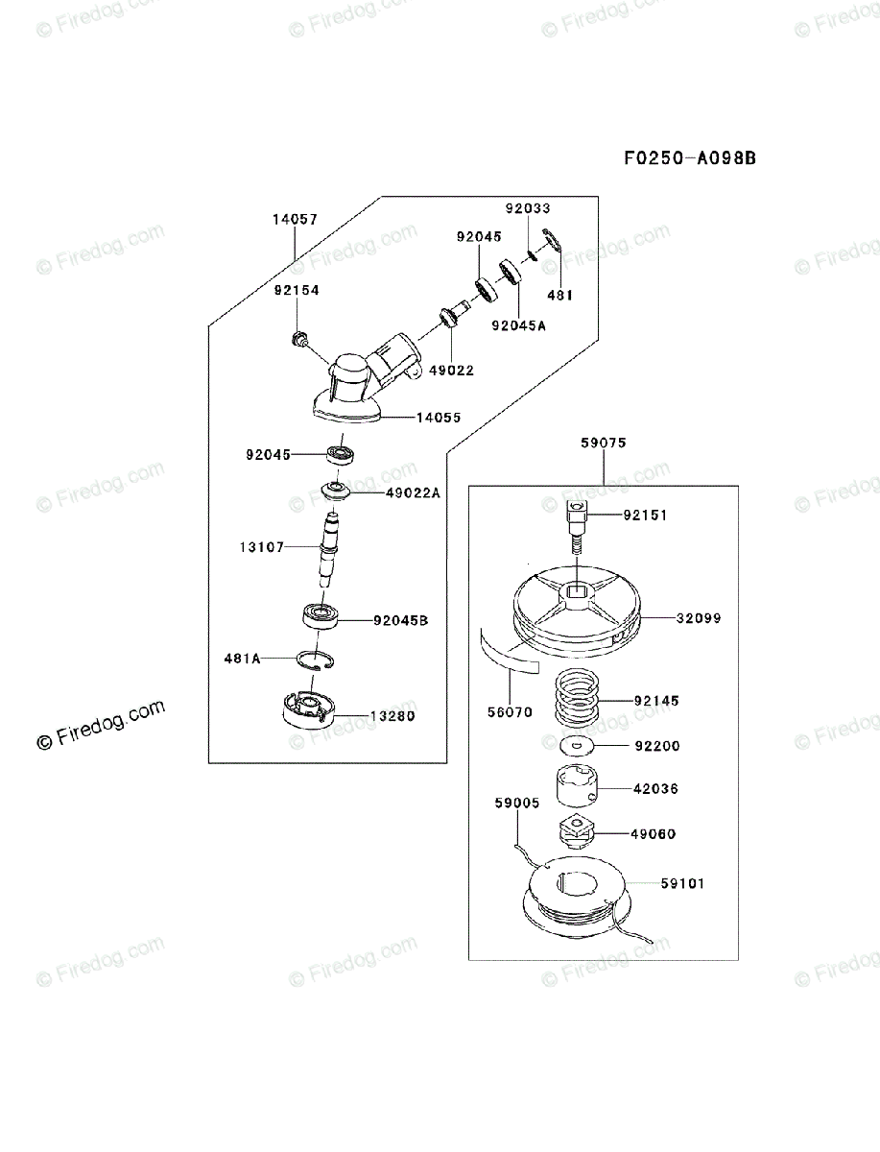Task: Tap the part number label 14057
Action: pos(295,220)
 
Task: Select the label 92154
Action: pos(296,290)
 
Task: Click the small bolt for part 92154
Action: pos(297,337)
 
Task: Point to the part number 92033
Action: pos(529,208)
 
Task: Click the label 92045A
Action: pos(518,325)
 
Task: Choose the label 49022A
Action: pos(413,493)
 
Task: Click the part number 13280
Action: pos(394,716)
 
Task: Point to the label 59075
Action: pos(603,444)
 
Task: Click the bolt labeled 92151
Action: pos(576,521)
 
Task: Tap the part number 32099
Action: pos(699,619)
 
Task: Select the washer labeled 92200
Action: pos(575,745)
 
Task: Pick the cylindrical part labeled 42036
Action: pos(577,788)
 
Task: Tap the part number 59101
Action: pos(681,883)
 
